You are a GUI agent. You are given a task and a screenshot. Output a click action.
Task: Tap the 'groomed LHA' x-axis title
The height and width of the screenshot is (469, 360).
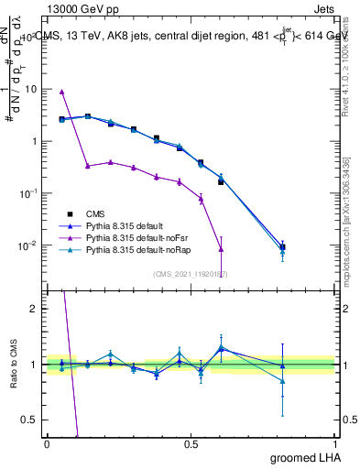click(x=303, y=457)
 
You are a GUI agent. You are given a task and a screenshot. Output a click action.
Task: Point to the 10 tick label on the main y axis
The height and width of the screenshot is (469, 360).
click(x=30, y=90)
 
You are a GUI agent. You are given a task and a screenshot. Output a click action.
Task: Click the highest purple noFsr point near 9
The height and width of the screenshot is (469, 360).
click(x=61, y=92)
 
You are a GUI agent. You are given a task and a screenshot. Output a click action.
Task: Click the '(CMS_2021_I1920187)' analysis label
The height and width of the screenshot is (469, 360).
click(x=191, y=274)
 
